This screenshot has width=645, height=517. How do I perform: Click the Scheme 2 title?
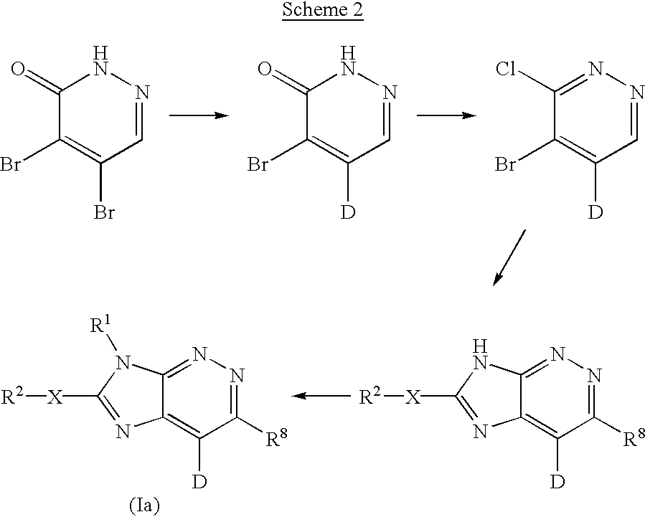(323, 9)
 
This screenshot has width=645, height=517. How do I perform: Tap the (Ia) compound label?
(144, 506)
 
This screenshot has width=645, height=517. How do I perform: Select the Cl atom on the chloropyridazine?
(506, 69)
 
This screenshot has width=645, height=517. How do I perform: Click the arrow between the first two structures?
(199, 115)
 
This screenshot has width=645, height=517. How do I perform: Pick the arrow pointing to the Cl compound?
(447, 115)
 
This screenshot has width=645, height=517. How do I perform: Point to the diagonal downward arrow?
(509, 257)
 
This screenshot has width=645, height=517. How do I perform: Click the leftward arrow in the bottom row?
(321, 396)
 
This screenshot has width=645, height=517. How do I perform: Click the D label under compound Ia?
(199, 482)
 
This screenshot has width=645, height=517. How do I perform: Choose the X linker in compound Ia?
(55, 397)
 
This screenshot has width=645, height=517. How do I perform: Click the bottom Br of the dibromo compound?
(104, 212)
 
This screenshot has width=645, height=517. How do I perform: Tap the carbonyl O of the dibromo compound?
(19, 69)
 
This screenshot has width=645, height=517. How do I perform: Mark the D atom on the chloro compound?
(595, 212)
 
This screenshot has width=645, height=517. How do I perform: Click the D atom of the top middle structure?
(348, 212)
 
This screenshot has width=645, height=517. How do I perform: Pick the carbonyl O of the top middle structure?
(265, 69)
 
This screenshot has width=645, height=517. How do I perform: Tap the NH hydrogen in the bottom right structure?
(480, 347)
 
